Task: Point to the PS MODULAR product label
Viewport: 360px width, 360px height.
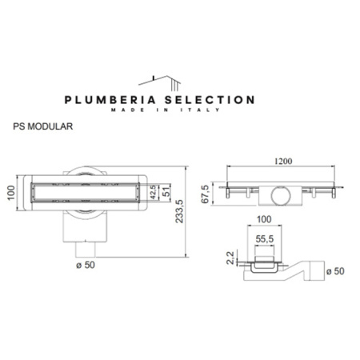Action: pyautogui.click(x=44, y=126)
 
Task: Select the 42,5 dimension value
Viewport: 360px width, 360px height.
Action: pyautogui.click(x=154, y=192)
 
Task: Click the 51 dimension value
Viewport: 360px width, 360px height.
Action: pyautogui.click(x=165, y=192)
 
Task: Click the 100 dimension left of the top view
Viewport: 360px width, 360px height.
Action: pyautogui.click(x=12, y=194)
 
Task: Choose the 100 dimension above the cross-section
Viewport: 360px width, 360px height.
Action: pyautogui.click(x=265, y=218)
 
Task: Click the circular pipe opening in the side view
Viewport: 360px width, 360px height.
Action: pyautogui.click(x=282, y=194)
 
